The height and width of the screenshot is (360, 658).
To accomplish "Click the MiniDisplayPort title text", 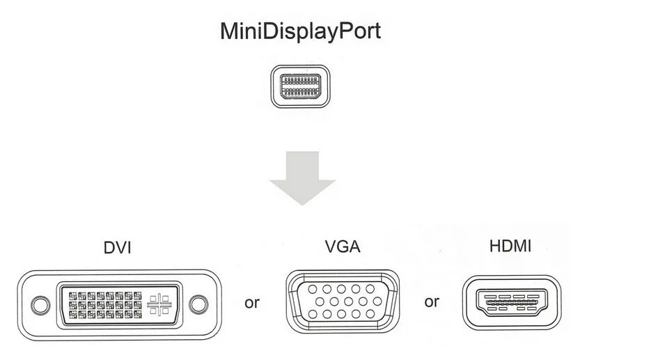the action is pos(301,31).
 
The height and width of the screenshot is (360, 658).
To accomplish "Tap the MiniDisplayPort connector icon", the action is pos(301,86).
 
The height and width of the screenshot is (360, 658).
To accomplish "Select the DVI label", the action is pos(118,248).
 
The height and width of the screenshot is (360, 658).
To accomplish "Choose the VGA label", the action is pos(343,246).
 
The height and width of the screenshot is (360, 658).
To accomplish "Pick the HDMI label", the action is pos(510,246).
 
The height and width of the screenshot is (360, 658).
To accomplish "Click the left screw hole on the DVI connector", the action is pos(40,305).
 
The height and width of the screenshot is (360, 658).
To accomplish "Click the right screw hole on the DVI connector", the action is pos(198,304).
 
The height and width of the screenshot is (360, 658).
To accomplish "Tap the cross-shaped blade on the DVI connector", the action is pos(159,305).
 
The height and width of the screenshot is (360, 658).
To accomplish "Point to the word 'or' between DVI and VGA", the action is pos(252,303).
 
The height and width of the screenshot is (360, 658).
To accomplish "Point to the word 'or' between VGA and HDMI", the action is pos(432,302).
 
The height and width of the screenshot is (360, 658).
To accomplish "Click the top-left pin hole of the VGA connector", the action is pos(313,289).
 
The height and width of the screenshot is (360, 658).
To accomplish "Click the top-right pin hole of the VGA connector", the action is pos(370,289).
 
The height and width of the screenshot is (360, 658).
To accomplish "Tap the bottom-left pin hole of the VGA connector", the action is pos(313,314).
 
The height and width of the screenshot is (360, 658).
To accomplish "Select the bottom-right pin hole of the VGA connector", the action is pos(370,314).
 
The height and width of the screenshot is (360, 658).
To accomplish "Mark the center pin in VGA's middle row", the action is pos(348,302).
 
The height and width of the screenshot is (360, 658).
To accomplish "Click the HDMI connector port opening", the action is pos(512,302).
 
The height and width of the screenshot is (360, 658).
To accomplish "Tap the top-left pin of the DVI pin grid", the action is pos(73,296).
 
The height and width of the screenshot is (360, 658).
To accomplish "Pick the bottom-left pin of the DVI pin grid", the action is pos(73,314).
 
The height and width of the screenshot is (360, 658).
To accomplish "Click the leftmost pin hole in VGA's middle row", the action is pos(320,302).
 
